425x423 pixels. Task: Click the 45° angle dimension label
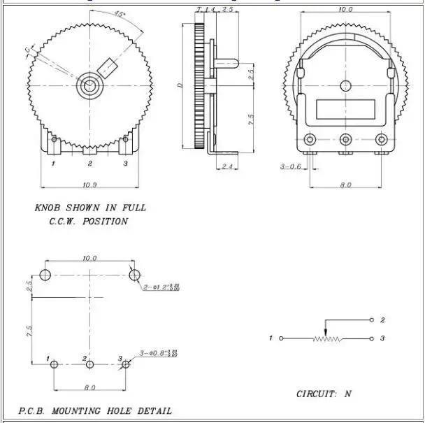point(120,15)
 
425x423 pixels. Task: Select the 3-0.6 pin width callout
point(291,166)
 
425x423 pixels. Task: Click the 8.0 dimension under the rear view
point(345,185)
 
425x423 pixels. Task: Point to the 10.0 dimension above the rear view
point(345,10)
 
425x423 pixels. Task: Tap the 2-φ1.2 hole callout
point(161,287)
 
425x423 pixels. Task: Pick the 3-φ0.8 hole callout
point(159,352)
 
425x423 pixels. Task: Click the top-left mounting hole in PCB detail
point(46,273)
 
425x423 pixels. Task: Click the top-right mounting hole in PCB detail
point(134,273)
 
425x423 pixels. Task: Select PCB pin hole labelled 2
point(89,364)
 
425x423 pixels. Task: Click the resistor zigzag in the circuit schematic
point(326,339)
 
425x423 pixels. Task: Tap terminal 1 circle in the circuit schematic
point(282,339)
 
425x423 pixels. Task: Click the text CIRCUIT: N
point(324,394)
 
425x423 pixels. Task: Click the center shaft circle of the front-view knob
point(89,87)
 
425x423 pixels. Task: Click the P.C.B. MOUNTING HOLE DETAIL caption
point(94,411)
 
